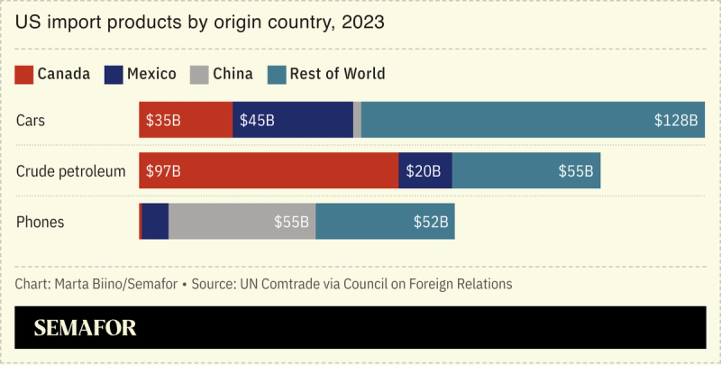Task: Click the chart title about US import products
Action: point(200,22)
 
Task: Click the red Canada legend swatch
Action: point(24,74)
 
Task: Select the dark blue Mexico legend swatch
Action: point(114,74)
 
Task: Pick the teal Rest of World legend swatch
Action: point(277,74)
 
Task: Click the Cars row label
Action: point(31,120)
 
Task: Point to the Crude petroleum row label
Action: point(70,170)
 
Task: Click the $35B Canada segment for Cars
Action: point(186,120)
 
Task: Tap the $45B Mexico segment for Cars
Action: point(293,120)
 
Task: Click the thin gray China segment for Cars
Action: point(357,120)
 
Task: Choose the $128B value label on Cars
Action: point(676,120)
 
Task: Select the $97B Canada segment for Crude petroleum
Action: point(269,170)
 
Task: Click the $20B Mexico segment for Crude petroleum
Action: point(425,170)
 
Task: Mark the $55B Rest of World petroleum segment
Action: point(526,170)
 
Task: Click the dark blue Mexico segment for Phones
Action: point(155,222)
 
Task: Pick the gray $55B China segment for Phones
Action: point(242,222)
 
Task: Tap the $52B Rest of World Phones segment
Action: point(385,222)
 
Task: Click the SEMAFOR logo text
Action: point(86,328)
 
